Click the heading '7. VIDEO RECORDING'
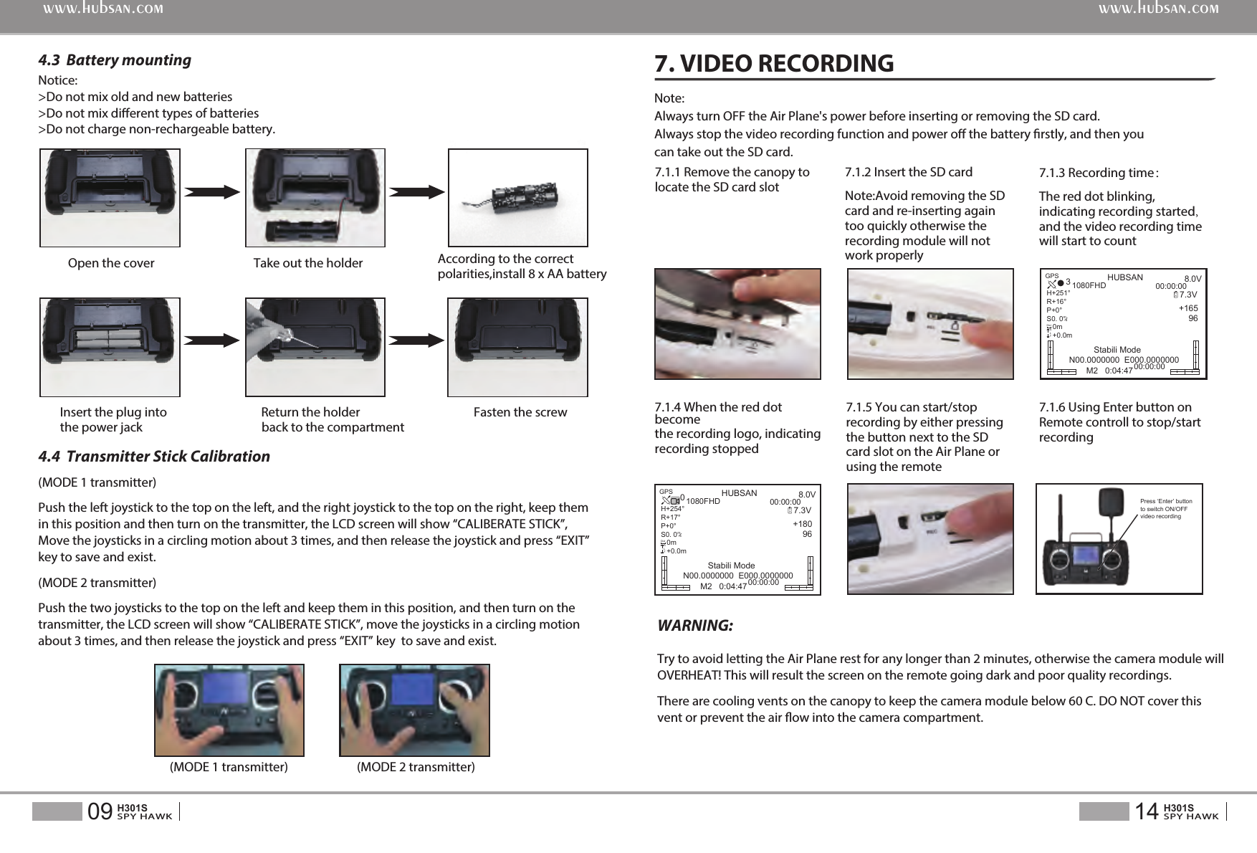[774, 63]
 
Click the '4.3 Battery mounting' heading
[115, 60]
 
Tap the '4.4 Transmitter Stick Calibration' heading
[154, 457]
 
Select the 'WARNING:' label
[695, 626]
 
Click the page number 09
[100, 811]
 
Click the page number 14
[1147, 811]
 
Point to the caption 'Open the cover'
[111, 263]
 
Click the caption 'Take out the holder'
[308, 263]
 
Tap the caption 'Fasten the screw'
[520, 412]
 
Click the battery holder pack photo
[517, 198]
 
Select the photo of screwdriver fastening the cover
[315, 347]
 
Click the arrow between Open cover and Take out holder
[212, 191]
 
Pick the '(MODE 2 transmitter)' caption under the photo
[416, 767]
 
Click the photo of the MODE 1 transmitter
[229, 710]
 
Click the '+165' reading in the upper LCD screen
[1188, 308]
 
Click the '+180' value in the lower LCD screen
[802, 524]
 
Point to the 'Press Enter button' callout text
[1166, 509]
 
